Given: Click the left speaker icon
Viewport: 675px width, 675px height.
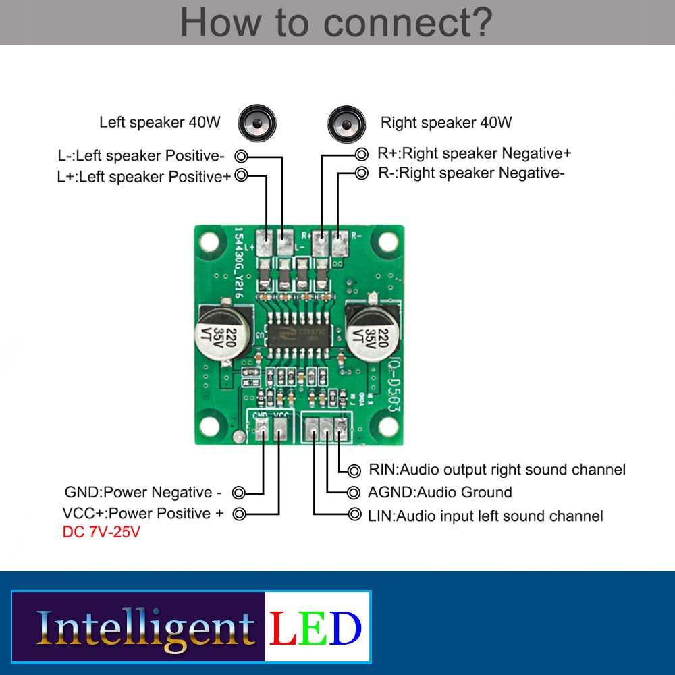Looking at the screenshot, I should coord(257,122).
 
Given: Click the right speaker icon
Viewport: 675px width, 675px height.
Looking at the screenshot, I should coord(347,123).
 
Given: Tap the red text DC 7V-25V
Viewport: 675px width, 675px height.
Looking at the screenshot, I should coord(101,532).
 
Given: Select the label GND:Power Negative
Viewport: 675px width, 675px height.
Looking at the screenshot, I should coord(143,492).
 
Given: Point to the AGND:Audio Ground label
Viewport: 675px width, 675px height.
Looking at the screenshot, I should coord(439,492).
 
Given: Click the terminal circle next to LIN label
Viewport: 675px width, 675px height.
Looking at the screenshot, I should coord(355,515).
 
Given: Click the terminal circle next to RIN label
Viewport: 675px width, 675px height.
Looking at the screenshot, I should coord(355,470).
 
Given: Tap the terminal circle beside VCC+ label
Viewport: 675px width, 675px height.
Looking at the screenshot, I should coord(239,514).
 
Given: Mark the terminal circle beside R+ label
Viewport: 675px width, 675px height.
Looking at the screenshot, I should coord(362,154).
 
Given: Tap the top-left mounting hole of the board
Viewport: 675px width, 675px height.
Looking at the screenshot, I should coord(210,240).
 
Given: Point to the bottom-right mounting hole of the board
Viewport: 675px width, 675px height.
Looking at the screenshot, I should coord(388,426).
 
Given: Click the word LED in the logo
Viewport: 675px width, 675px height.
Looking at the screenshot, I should coord(316,628).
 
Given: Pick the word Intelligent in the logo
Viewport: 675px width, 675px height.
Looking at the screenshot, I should coord(145,628).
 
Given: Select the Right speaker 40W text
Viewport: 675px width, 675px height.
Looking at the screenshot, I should coord(446,122).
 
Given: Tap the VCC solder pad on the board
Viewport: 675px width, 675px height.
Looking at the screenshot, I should coord(281,427).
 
